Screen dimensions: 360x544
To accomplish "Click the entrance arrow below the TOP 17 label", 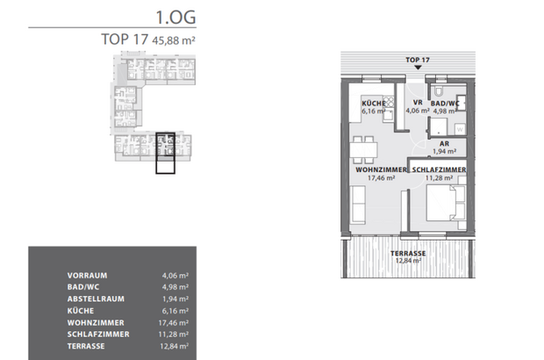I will pos(417,68).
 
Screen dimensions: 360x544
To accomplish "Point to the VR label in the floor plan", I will pos(417,103).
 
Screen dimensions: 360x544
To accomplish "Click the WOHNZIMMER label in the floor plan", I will pos(380,170).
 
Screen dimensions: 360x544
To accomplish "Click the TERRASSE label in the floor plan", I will pos(408,253).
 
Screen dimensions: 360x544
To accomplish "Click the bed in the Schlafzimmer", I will pos(445,204).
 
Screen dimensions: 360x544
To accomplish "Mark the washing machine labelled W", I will pos(460,128).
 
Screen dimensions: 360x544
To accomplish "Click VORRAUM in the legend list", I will pos(87,273).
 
